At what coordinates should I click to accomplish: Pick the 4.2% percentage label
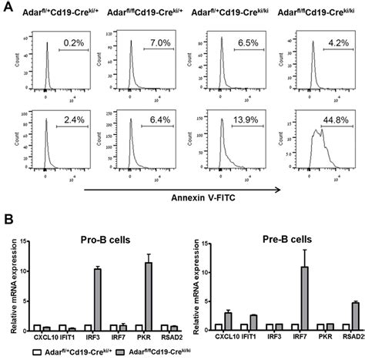coord(327,39)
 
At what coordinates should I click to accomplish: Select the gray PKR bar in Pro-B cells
coord(148,297)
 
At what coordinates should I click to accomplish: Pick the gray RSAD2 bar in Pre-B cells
coord(354,317)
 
